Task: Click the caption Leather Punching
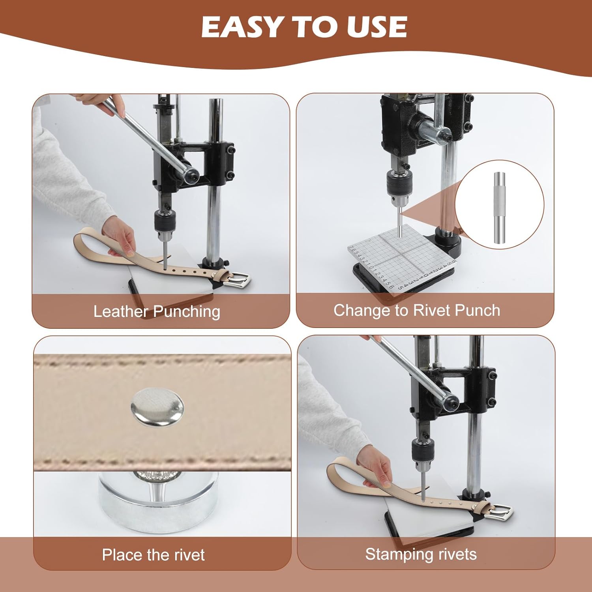pos(157,311)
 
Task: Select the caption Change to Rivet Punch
pos(417,310)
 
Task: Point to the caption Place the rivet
pos(153,555)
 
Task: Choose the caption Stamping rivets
pos(421,554)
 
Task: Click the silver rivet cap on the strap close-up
pos(157,407)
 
